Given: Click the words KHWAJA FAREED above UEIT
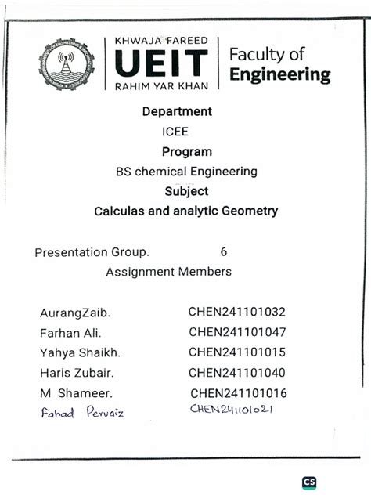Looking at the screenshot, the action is [161, 40].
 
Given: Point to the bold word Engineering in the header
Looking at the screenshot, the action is [279, 75].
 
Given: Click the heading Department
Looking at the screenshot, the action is [177, 111].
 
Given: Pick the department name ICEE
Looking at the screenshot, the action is [175, 132].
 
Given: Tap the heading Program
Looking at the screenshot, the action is [187, 151].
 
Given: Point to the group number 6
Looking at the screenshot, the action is [224, 252].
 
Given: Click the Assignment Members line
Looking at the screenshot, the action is [168, 272].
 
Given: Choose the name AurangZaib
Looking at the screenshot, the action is [75, 313].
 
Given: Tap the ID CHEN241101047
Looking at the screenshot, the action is [237, 332].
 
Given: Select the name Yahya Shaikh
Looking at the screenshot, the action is [80, 352].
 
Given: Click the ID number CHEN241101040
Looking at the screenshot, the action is [237, 372].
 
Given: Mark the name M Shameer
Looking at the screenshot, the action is [76, 392].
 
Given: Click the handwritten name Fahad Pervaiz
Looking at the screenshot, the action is [82, 413].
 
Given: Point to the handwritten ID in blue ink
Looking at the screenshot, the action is [234, 409].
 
